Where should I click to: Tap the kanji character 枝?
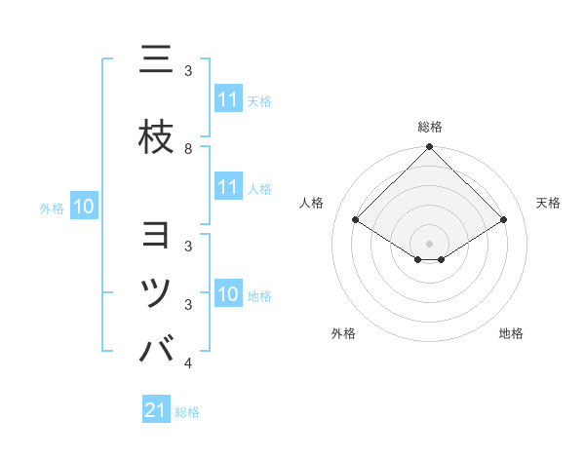[157, 138]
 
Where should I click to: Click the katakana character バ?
[157, 348]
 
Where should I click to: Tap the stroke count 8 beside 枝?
[188, 149]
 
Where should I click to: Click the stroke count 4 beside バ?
[188, 363]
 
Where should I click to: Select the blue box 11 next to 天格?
[228, 99]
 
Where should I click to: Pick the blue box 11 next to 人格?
[228, 188]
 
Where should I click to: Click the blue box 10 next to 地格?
[228, 295]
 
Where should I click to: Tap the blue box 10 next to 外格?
[83, 207]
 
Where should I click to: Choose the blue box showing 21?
[156, 411]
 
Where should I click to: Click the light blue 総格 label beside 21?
[187, 412]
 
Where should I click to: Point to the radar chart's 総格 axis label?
[430, 128]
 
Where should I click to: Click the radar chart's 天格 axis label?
[549, 203]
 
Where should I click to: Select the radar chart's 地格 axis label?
[511, 333]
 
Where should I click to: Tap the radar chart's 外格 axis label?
[343, 333]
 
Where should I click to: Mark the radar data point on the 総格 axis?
[430, 148]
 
